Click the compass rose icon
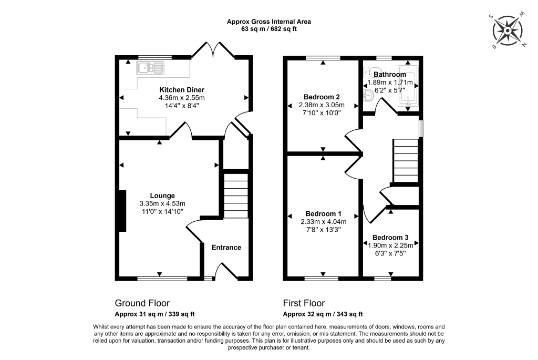tap(508, 31)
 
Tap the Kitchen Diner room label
tap(182, 90)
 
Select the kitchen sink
tap(150, 67)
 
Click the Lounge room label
tap(162, 196)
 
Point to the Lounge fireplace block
tap(122, 210)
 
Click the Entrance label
tap(226, 248)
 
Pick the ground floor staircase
tap(235, 197)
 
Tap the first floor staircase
tap(406, 160)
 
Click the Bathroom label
tap(389, 75)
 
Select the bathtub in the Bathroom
tap(408, 85)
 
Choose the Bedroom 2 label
tap(322, 97)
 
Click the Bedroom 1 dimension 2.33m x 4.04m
tap(324, 221)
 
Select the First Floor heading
tap(304, 303)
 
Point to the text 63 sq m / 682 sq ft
tap(268, 29)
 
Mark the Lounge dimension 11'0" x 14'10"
tap(162, 211)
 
